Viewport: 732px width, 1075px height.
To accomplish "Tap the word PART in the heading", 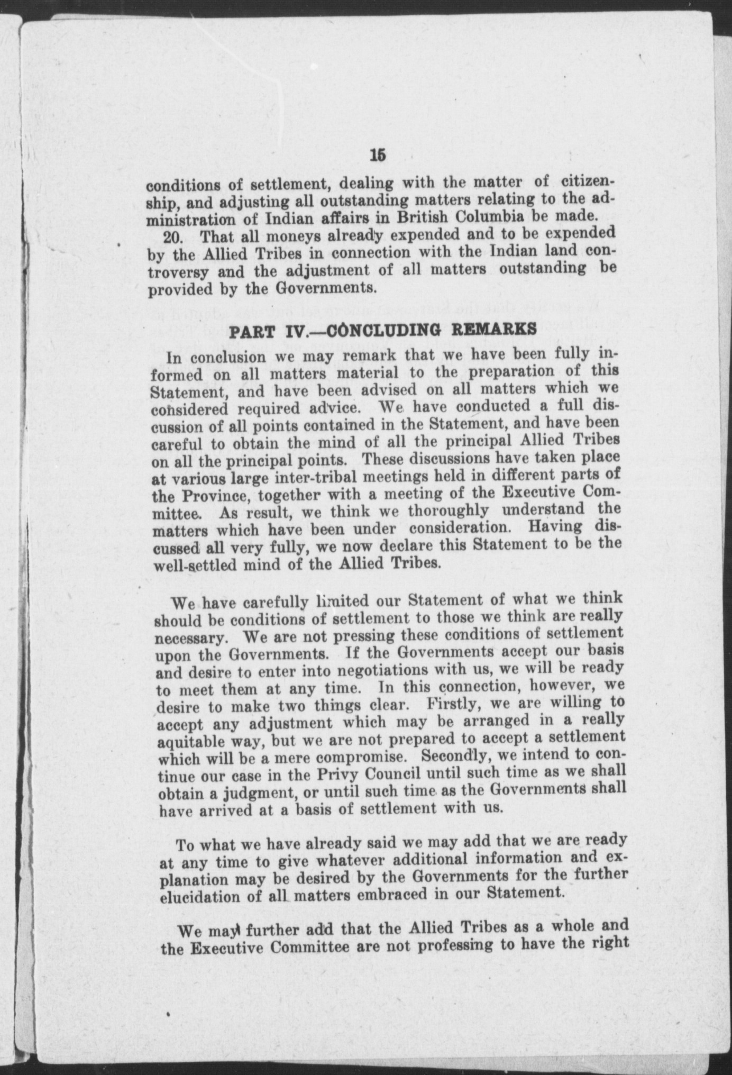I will pos(251,332).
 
